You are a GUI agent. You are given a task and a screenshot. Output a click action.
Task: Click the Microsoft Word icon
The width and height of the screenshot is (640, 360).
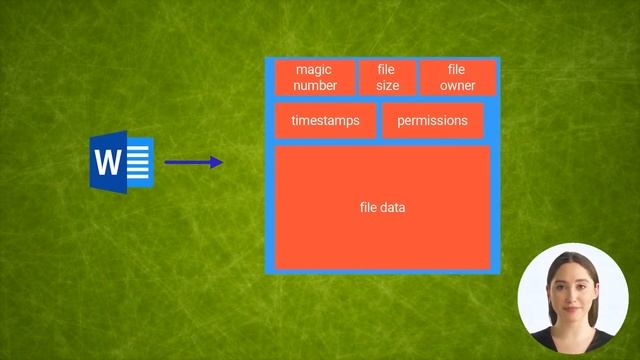click(121, 162)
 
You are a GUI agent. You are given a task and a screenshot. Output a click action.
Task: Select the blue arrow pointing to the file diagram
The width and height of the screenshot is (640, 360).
click(193, 162)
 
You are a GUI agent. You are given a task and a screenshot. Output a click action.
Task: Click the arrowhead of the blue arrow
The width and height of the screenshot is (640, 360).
click(217, 162)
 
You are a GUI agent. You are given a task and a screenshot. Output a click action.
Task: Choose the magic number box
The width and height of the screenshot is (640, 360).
click(315, 78)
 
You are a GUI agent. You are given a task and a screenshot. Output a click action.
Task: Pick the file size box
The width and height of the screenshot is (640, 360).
click(387, 78)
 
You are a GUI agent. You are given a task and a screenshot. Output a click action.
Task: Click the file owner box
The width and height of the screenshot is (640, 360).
click(457, 78)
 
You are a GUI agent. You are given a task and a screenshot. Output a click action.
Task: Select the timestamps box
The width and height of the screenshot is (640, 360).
click(325, 121)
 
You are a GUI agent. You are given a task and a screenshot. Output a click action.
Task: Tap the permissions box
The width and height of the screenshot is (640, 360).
click(432, 121)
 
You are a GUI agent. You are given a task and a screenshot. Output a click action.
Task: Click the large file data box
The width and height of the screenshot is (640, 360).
click(382, 207)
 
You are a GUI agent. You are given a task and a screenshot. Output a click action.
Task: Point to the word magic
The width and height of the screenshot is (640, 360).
click(314, 70)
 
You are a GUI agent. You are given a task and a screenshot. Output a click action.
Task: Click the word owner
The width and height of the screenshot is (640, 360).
click(457, 86)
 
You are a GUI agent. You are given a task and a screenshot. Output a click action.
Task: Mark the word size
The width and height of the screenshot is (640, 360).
click(387, 86)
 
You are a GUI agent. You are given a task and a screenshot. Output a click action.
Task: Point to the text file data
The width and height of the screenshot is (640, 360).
click(382, 207)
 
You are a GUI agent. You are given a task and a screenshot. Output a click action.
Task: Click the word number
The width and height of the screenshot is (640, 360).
click(315, 86)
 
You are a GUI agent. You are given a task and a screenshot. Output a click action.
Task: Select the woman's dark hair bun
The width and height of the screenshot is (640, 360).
click(571, 258)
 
